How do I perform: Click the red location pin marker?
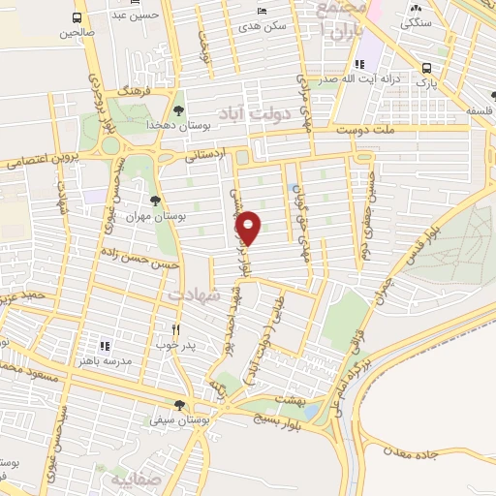tap(249, 228)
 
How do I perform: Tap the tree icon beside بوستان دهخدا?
tap(179, 110)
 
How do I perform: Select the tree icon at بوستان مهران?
tap(155, 201)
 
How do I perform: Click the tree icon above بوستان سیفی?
tap(179, 405)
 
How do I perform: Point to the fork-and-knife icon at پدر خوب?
tap(175, 328)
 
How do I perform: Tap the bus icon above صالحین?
tap(77, 18)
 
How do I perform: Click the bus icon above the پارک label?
tap(427, 68)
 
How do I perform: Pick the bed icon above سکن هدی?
tap(261, 12)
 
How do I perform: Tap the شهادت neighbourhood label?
tap(195, 292)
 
